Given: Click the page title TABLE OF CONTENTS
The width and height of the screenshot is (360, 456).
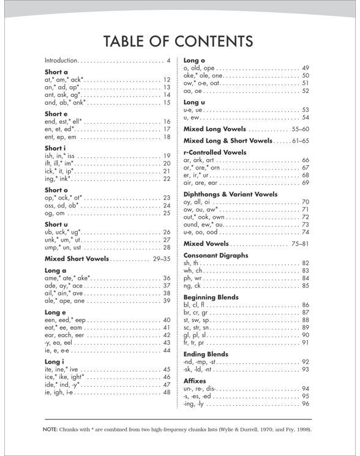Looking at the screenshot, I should click(x=179, y=40).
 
